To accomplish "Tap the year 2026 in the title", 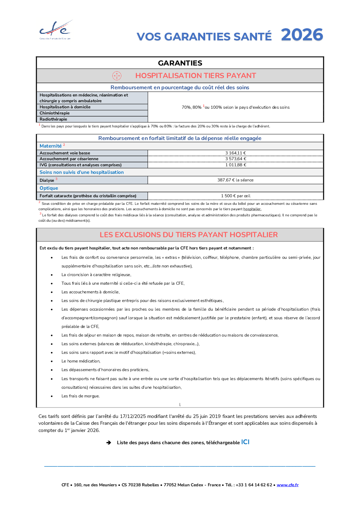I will [x=302, y=35].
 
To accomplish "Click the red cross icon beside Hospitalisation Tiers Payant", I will [x=117, y=76].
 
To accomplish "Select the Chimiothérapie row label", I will [x=55, y=113].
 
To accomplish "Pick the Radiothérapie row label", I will [x=53, y=119].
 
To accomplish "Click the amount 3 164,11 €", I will [x=235, y=153].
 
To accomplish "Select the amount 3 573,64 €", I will [x=235, y=159].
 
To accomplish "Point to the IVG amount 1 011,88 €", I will [x=235, y=165].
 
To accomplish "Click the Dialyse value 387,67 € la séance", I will [x=235, y=180].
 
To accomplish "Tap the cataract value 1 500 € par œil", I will [x=235, y=196].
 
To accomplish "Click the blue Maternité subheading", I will [x=51, y=146].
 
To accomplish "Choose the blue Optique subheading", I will [x=49, y=188].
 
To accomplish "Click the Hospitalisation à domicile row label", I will [x=65, y=107].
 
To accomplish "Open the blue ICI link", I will [x=245, y=442].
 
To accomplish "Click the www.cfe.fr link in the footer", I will [x=288, y=485].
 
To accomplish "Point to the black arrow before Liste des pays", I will [x=109, y=442].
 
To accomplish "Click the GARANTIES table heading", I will [x=180, y=63].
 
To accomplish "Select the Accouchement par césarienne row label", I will [x=69, y=159].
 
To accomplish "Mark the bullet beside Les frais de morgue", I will [x=52, y=396].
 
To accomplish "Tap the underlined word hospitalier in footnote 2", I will [x=252, y=209].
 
